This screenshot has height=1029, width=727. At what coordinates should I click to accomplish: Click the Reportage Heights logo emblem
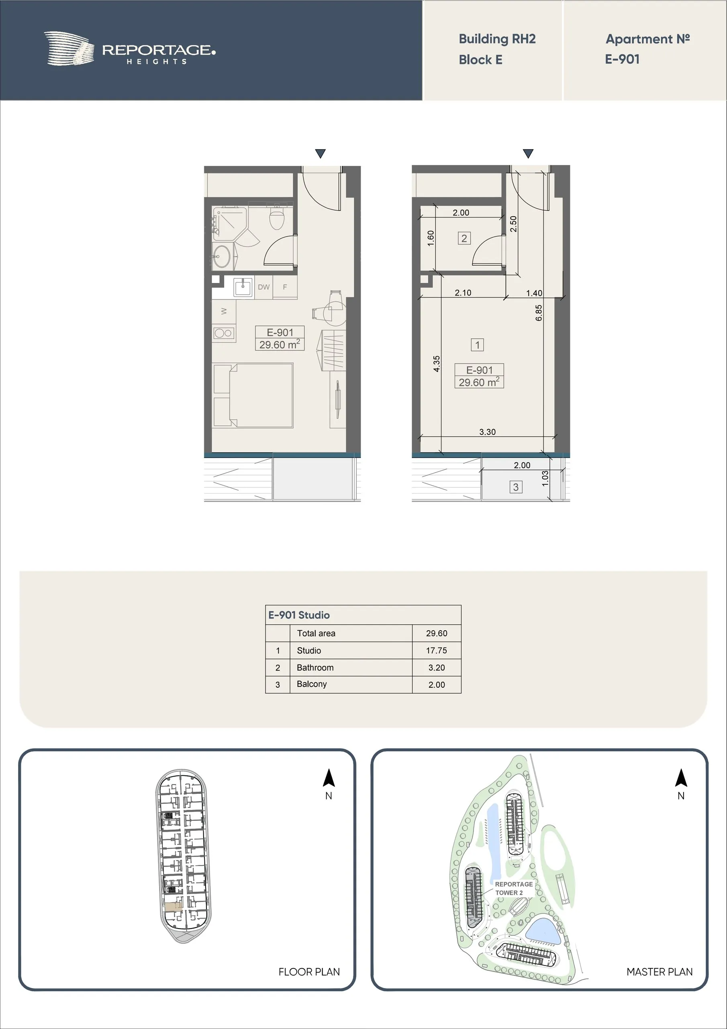(69, 48)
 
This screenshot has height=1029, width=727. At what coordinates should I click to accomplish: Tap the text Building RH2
(497, 39)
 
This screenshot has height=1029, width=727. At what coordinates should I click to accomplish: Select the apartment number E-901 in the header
(622, 59)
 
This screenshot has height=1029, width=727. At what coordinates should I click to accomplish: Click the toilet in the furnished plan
(277, 218)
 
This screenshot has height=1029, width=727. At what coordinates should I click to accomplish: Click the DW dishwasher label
(264, 287)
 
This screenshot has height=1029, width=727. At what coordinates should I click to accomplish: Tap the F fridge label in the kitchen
(285, 287)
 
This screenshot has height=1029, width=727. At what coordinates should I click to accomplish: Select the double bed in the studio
(253, 395)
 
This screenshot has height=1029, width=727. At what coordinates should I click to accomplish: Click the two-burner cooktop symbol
(223, 333)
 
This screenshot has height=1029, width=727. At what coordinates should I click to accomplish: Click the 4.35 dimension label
(437, 363)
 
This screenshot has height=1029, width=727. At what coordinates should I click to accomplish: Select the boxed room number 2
(464, 238)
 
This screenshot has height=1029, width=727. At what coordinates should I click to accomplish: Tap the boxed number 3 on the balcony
(516, 487)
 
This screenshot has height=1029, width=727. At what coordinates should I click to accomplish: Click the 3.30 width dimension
(487, 432)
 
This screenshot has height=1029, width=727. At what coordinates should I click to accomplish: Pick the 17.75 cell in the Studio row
(436, 650)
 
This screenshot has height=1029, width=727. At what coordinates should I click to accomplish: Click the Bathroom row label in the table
(315, 667)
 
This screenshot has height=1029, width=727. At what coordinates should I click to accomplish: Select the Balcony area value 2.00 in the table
(436, 685)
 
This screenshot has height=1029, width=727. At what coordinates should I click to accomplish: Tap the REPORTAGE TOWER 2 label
(514, 888)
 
